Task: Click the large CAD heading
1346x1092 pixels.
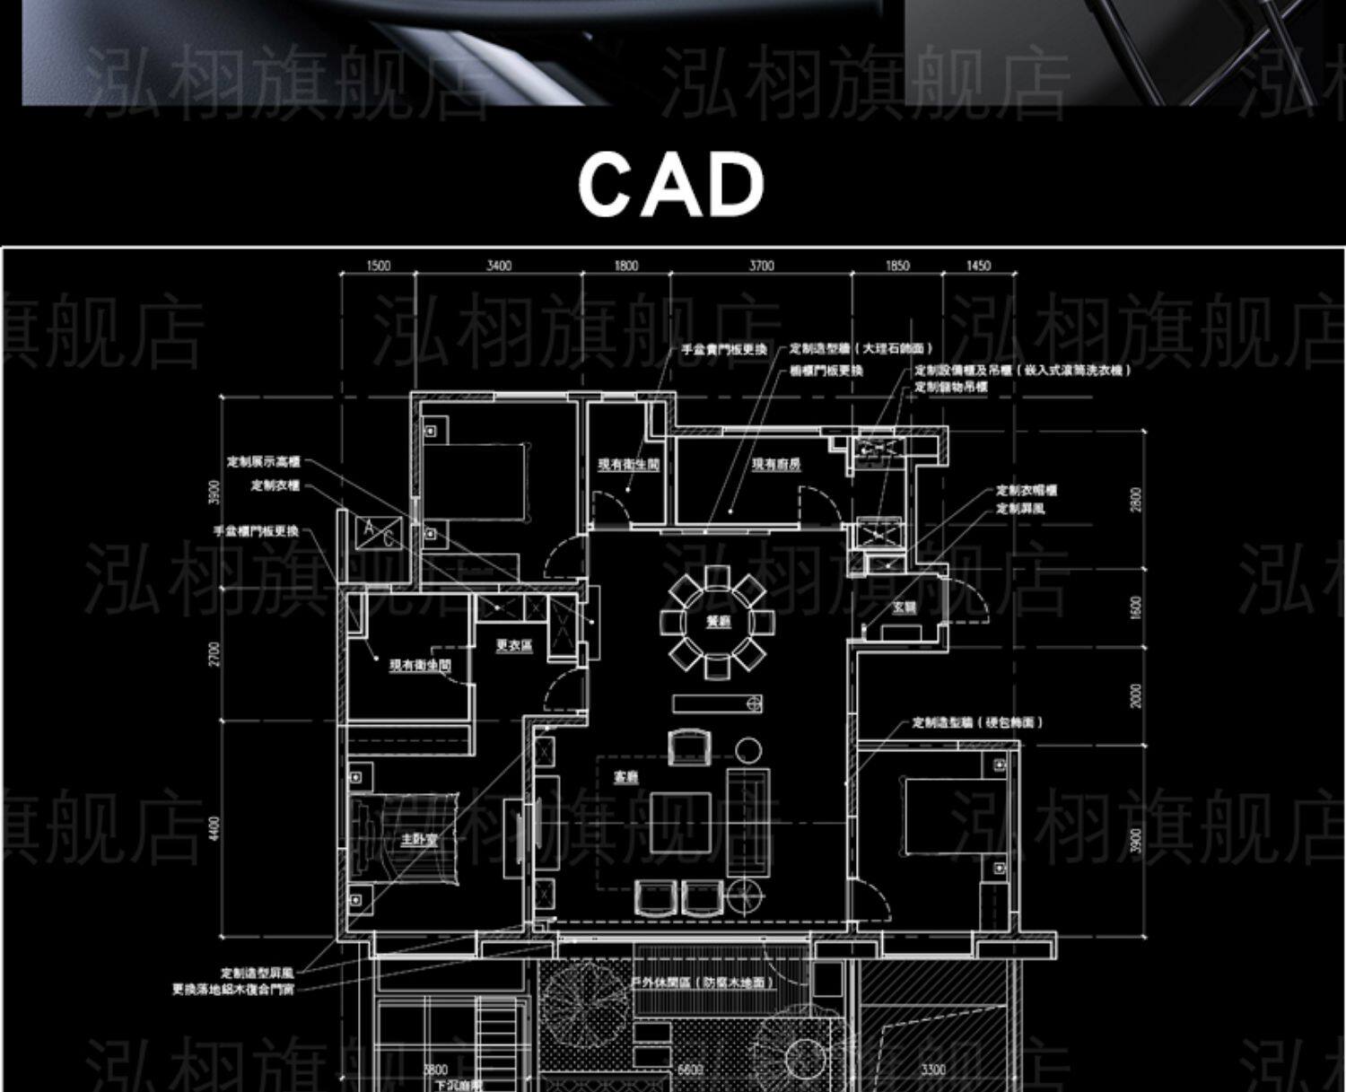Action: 671,184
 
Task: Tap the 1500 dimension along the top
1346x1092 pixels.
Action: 379,266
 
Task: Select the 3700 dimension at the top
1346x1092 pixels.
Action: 761,266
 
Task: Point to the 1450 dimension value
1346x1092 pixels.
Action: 978,266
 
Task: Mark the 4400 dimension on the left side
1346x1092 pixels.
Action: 214,828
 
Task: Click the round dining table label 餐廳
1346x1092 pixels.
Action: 718,621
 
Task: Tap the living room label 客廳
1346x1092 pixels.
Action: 625,777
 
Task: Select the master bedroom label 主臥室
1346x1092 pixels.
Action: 419,840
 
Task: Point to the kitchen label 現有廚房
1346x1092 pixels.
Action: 776,464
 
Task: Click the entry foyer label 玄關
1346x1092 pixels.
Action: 904,607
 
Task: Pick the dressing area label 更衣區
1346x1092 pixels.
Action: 514,645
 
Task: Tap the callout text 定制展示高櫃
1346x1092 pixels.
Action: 263,462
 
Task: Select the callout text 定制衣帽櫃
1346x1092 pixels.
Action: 1027,491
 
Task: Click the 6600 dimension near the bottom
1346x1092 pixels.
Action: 689,1070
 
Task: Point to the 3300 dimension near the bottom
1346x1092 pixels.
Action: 933,1070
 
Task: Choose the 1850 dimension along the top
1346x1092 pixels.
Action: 897,266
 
